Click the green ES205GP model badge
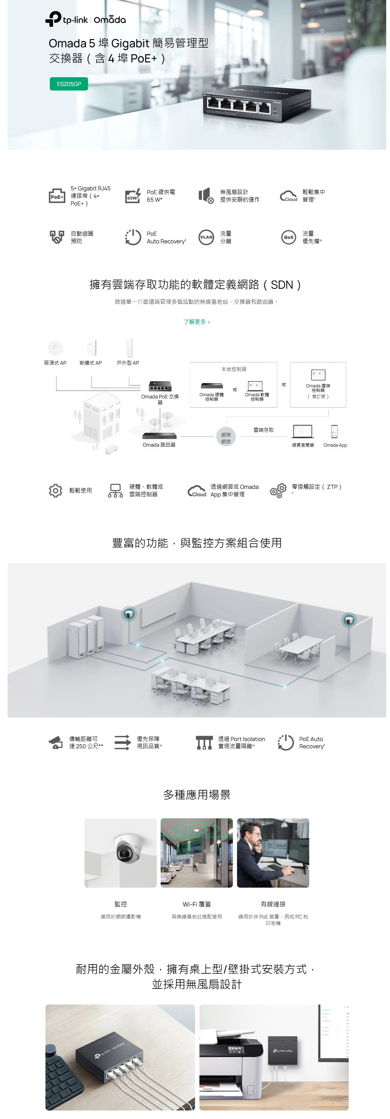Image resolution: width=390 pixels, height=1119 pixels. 69,84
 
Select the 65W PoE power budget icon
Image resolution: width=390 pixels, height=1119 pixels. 133,196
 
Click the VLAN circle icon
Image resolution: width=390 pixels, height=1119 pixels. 206,237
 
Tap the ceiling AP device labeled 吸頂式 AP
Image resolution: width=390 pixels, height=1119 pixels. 55,347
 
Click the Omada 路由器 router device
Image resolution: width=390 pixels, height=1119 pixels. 159,436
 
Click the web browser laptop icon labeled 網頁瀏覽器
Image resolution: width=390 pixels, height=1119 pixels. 303,431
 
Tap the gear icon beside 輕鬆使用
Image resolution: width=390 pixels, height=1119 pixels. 55,490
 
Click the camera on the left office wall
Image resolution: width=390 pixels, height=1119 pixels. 129,614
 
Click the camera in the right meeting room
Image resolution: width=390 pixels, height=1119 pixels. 348,620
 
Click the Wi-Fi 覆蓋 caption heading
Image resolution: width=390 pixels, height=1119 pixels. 197,904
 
